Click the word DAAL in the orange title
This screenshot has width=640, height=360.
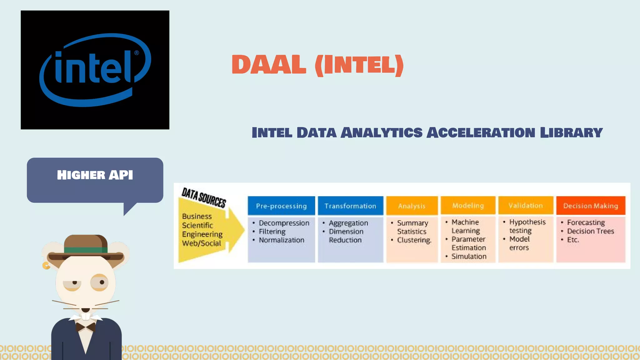pyautogui.click(x=269, y=65)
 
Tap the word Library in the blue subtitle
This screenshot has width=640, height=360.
pyautogui.click(x=571, y=132)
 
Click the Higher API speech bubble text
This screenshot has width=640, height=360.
pyautogui.click(x=95, y=175)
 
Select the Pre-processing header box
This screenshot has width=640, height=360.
pyautogui.click(x=281, y=206)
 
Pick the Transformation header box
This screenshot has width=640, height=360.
pyautogui.click(x=350, y=206)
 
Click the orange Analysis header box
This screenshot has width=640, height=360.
pyautogui.click(x=412, y=206)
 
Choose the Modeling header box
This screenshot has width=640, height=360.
pyautogui.click(x=468, y=205)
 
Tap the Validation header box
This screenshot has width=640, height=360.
pyautogui.click(x=526, y=205)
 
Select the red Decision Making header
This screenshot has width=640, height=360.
pyautogui.click(x=591, y=205)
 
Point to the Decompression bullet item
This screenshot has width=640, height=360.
pyautogui.click(x=284, y=223)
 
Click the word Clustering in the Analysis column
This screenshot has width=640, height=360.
pyautogui.click(x=414, y=240)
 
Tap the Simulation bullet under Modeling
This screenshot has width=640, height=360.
pyautogui.click(x=469, y=256)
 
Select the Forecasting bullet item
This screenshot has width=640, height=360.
pyautogui.click(x=586, y=222)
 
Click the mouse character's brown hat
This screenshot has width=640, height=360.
pyautogui.click(x=86, y=245)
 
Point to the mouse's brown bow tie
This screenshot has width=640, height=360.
pyautogui.click(x=86, y=327)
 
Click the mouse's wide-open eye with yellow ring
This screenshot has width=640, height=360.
pyautogui.click(x=100, y=282)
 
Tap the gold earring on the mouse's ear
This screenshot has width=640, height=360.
pyautogui.click(x=46, y=266)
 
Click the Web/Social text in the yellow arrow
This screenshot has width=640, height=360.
pyautogui.click(x=202, y=243)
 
